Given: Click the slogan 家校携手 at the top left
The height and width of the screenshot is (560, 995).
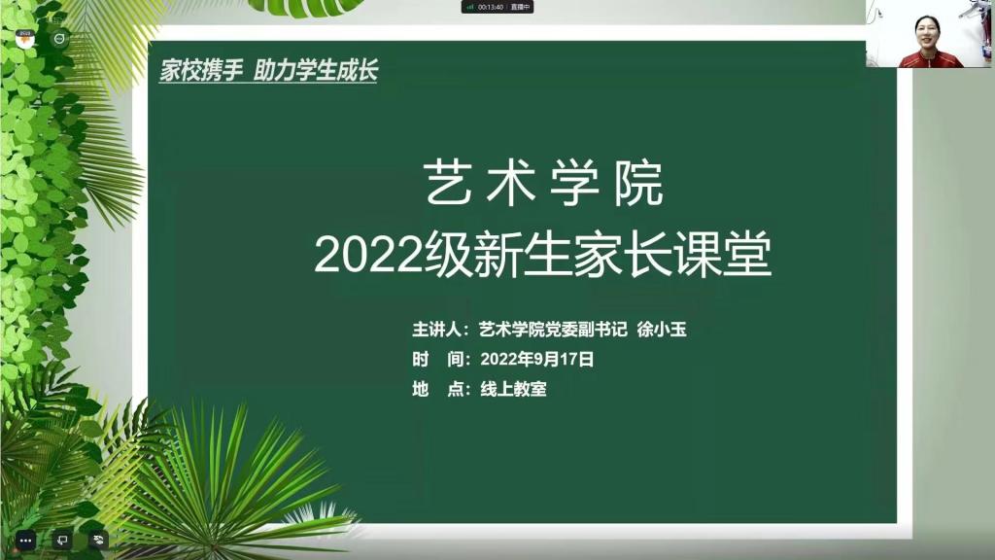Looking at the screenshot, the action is point(201,70).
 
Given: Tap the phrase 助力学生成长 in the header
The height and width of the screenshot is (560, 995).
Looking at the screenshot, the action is point(316,70).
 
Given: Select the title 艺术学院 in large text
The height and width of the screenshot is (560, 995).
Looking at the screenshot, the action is point(543,184).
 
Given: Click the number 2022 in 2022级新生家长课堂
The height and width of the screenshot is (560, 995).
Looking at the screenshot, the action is point(368,256).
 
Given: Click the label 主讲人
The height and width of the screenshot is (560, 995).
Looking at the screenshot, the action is point(437,329).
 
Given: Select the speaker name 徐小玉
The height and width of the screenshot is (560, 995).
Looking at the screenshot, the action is point(661,329).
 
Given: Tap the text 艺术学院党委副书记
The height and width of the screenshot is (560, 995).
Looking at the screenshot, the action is point(553,329).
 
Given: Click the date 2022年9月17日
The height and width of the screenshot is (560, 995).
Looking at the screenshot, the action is point(536,360).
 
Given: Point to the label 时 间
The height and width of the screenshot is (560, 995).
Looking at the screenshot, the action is point(437,360).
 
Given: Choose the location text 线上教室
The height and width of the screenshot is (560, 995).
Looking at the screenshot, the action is point(513,389).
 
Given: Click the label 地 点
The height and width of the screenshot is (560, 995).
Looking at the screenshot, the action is point(437,389).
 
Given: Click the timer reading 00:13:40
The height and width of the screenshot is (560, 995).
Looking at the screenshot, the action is point(491,7).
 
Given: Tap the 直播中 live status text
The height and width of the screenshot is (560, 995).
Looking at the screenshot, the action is point(520,7).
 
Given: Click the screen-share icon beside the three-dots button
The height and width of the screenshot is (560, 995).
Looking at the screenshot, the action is point(62,541).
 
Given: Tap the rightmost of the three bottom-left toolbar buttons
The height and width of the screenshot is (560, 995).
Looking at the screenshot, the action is point(98,541).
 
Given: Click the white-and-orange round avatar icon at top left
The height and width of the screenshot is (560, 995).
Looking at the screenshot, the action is point(24,39).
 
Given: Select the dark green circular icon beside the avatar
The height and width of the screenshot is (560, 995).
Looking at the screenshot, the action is point(59,39).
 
